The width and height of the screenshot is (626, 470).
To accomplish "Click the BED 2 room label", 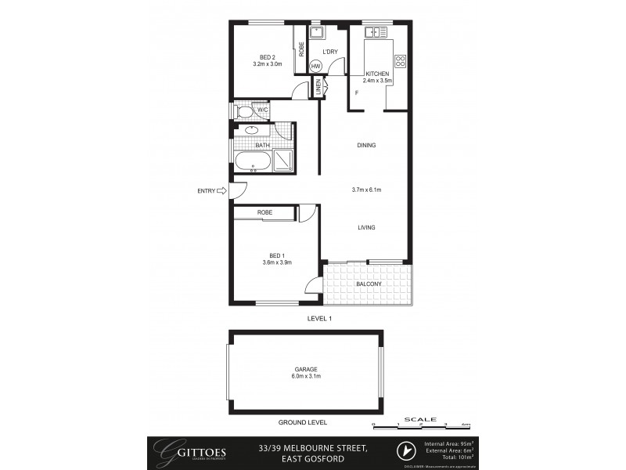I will tap(266, 56).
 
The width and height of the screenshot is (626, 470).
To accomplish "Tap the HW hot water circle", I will tap(316, 66).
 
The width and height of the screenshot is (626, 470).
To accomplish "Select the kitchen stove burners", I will tap(400, 60).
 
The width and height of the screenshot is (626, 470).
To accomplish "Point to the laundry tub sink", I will tap(317, 33).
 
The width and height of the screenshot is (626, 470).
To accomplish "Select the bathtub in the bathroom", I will tap(253, 163).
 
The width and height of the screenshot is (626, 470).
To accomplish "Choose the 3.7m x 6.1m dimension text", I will tap(366, 190).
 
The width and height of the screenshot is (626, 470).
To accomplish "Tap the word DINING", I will tap(366, 145).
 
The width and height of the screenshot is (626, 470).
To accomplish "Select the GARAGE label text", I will tap(305, 368).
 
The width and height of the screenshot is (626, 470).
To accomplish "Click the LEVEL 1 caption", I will tap(320, 319).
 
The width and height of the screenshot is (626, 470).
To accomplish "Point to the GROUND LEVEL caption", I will tap(305, 422).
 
